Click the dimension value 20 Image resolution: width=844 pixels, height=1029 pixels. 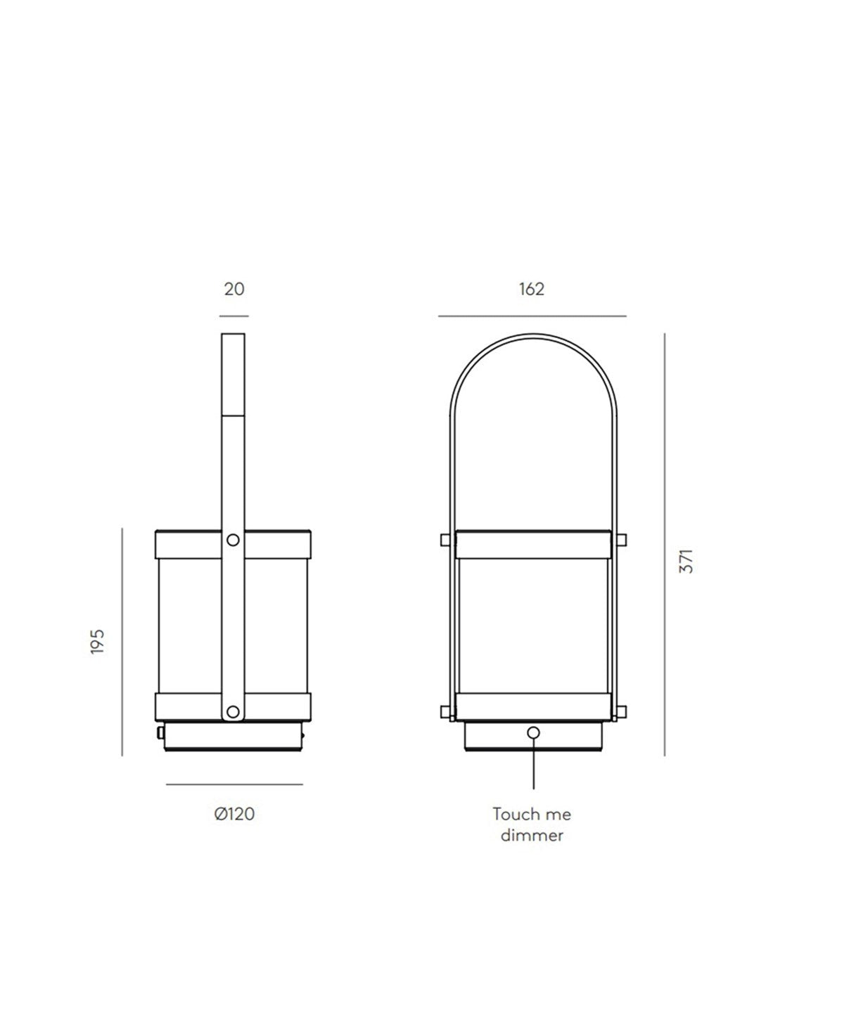coord(234,290)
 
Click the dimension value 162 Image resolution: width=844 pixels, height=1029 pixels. coord(532,290)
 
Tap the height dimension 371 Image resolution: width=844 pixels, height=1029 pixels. coord(686,561)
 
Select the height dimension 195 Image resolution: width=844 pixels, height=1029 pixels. coord(98,642)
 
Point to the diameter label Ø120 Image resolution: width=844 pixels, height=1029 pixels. coord(234,814)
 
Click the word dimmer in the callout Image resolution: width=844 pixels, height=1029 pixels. coord(532,835)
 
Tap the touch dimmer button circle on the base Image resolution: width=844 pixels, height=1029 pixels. coord(534,733)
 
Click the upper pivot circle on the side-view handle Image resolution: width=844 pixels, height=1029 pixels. coord(234,540)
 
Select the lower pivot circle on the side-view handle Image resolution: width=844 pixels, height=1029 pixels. coord(234,712)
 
